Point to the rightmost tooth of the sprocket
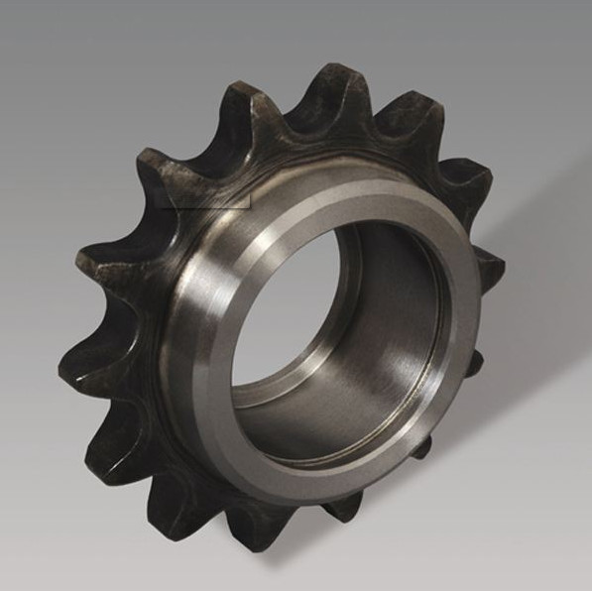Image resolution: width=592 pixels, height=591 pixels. [487, 266]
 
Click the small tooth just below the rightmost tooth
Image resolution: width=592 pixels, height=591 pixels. [474, 362]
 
